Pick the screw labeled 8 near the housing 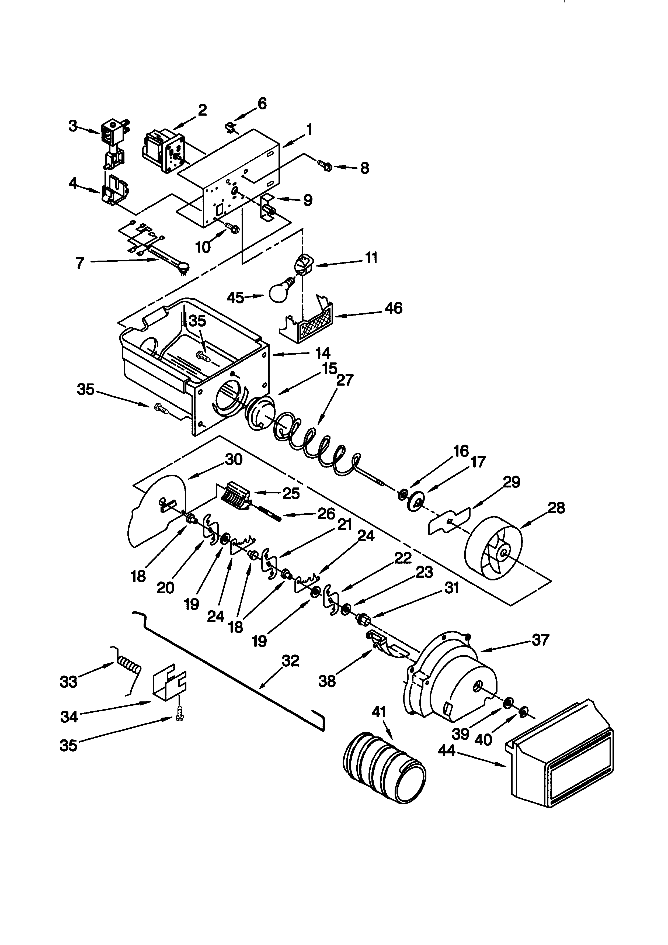325,166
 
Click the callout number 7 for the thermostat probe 80,262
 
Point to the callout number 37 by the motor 540,640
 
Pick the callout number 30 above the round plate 234,459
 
